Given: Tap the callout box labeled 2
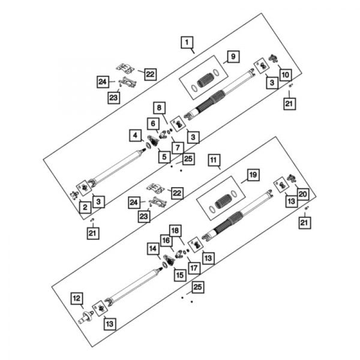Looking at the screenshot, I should coord(86,207).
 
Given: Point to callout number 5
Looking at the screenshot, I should coord(163,157).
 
